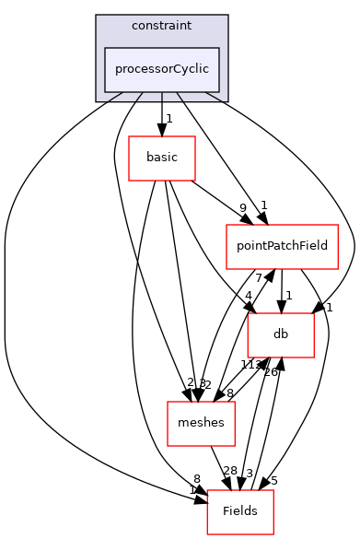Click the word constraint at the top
pos(161,26)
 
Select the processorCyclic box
pos(162,70)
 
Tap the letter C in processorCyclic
pos(175,69)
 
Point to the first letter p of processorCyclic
pos(119,70)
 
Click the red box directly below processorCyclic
pos(162,158)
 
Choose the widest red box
pos(282,247)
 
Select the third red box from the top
pos(281,335)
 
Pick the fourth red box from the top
pos(201,424)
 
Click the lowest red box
pos(240,512)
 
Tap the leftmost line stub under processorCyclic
pos(116,96)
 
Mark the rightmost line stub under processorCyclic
pos(213,96)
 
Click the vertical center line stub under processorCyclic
pos(162,96)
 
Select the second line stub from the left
pos(139,96)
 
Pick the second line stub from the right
pos(180,96)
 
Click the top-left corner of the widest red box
pos(226,225)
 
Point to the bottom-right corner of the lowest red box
pos(273,534)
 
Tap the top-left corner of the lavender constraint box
pos(97,16)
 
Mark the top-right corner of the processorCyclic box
pos(219,48)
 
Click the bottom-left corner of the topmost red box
pos(129,181)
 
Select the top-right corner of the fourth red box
pos(235,402)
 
